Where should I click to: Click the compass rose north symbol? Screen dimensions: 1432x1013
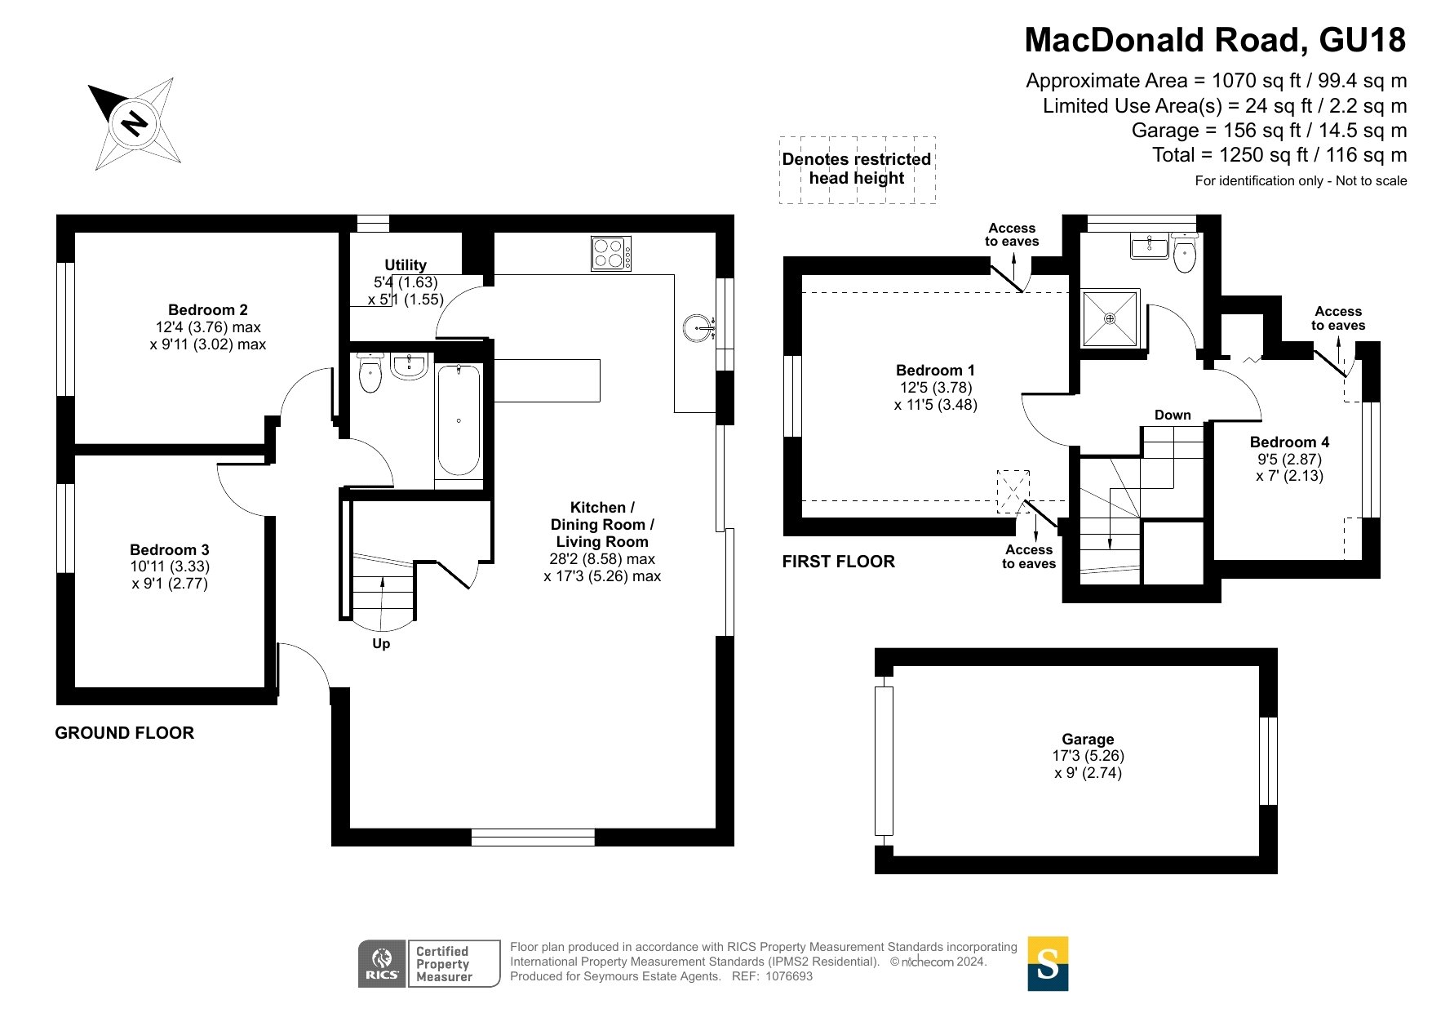tap(135, 124)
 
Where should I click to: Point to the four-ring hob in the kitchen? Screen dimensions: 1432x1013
tap(611, 253)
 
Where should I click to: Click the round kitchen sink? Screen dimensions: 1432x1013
tap(698, 328)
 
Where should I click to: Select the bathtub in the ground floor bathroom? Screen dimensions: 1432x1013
tap(459, 420)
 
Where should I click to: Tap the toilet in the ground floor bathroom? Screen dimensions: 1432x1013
tap(370, 373)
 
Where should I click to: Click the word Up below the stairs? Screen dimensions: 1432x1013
tap(381, 643)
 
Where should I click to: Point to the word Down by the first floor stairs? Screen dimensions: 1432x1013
tap(1173, 415)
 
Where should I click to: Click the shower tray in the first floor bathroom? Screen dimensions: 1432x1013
tap(1110, 318)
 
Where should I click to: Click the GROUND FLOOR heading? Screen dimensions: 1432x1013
tap(125, 733)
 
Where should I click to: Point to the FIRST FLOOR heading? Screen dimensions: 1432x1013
tap(839, 562)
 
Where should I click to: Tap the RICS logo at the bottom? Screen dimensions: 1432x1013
tap(383, 963)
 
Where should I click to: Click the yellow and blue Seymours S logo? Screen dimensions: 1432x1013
tap(1048, 963)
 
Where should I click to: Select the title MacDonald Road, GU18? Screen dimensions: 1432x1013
tap(1215, 40)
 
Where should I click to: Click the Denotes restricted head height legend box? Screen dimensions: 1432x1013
tap(857, 169)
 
